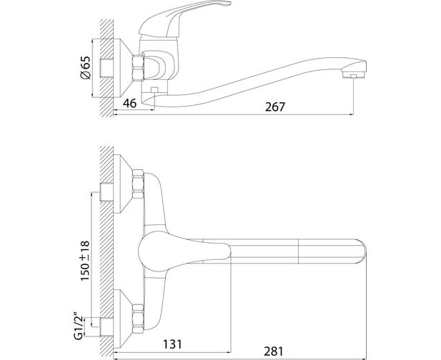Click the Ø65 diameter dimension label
coord(86,68)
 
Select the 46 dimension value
coord(129,103)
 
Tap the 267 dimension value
coord(275,107)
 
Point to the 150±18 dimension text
coord(85,261)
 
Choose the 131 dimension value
coord(172,344)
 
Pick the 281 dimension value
coord(274,351)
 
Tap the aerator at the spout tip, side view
coord(354,75)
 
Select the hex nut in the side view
coord(138,68)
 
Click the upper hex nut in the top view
coord(138,184)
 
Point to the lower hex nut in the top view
coord(138,319)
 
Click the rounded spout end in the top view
coord(362,251)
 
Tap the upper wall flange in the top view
coord(123,184)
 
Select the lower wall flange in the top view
coord(123,319)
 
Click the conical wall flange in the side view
coord(123,68)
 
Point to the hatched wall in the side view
coord(106,68)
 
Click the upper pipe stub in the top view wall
coord(106,191)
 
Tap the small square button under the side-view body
coord(154,90)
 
